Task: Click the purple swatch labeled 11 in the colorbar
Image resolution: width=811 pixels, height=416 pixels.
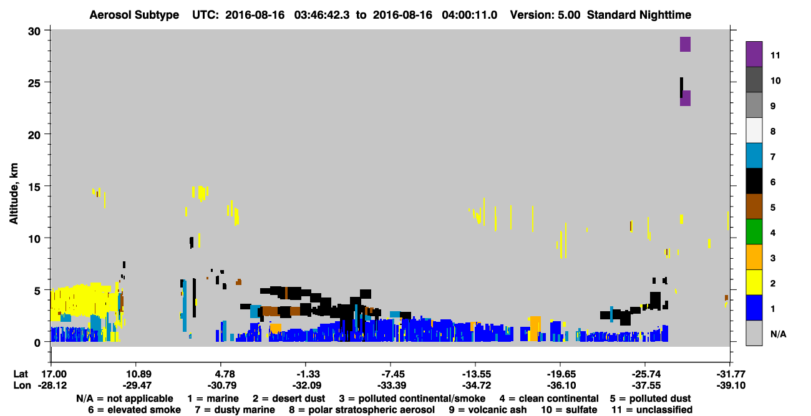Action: pyautogui.click(x=754, y=54)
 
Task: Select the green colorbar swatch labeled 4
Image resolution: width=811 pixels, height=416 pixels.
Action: pyautogui.click(x=754, y=232)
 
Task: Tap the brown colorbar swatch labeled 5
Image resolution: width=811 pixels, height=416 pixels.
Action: pyautogui.click(x=754, y=206)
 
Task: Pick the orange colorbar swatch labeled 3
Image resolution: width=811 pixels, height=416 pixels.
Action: pyautogui.click(x=754, y=257)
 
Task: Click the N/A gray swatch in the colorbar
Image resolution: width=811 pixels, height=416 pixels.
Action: pyautogui.click(x=754, y=333)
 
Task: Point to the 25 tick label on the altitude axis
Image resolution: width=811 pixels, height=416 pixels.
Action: pyautogui.click(x=34, y=83)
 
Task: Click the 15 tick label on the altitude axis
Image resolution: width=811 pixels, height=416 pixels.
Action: pyautogui.click(x=34, y=187)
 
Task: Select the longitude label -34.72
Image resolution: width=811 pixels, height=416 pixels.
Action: pyautogui.click(x=477, y=385)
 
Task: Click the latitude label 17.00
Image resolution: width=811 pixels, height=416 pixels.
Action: pyautogui.click(x=55, y=374)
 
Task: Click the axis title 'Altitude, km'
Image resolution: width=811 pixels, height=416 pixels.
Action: pyautogui.click(x=14, y=194)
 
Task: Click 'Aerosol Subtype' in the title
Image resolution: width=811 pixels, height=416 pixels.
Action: pyautogui.click(x=134, y=15)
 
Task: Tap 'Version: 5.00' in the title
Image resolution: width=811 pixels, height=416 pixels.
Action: pyautogui.click(x=545, y=15)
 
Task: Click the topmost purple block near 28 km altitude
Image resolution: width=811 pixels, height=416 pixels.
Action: pyautogui.click(x=685, y=44)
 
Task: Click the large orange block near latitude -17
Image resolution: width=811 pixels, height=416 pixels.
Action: pyautogui.click(x=535, y=329)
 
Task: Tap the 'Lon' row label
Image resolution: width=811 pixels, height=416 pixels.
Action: pyautogui.click(x=22, y=385)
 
